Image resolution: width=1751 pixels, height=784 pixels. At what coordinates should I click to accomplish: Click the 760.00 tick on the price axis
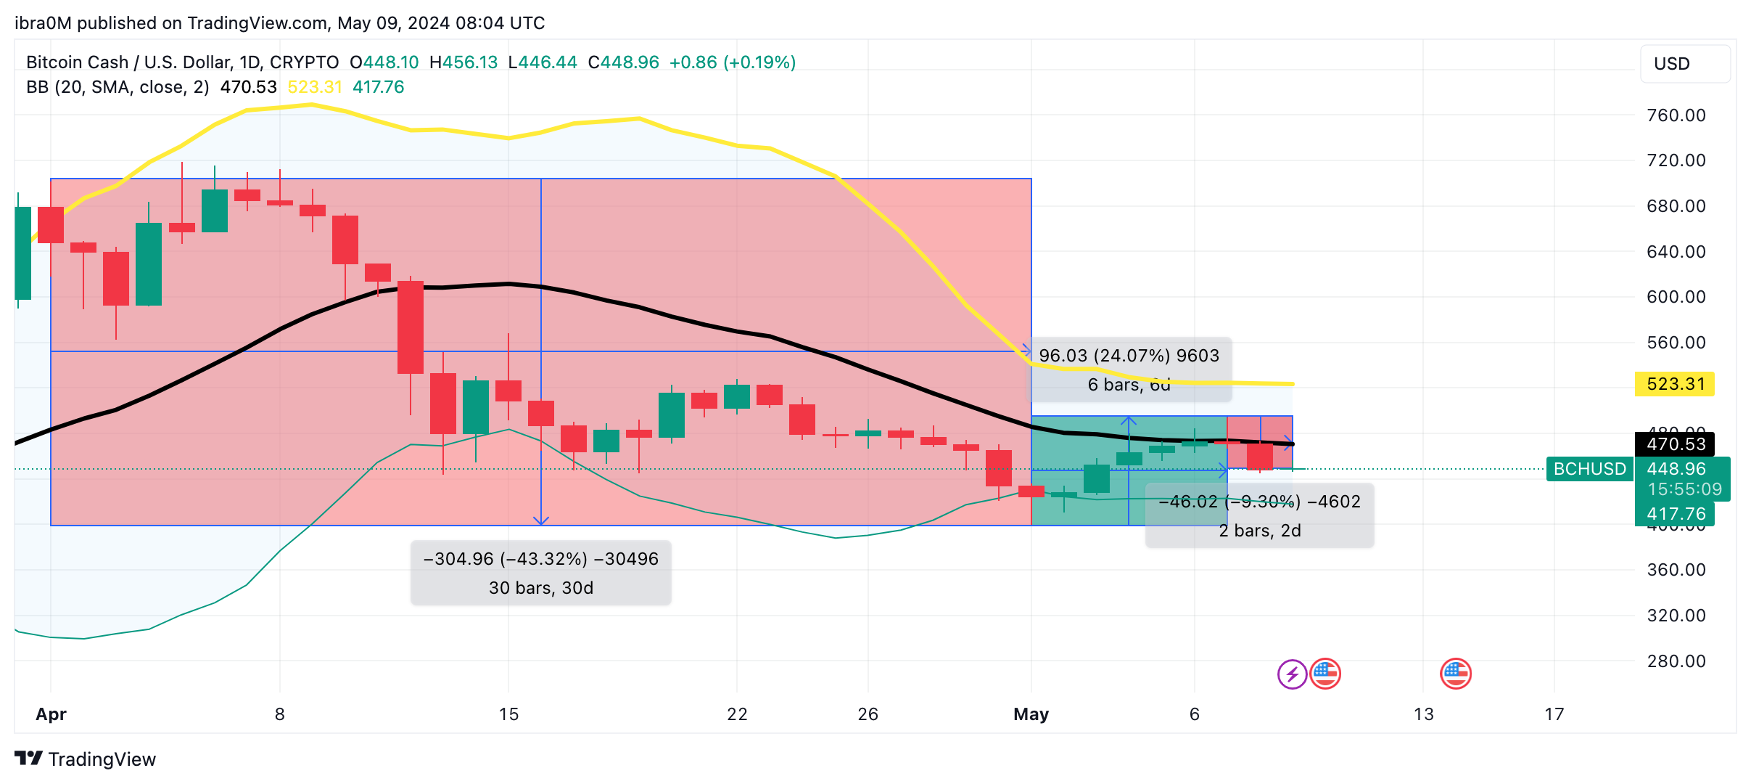click(x=1676, y=115)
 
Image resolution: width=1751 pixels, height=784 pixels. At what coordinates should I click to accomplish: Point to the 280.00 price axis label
click(x=1676, y=661)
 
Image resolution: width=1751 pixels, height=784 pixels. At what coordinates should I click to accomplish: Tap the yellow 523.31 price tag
click(x=1674, y=384)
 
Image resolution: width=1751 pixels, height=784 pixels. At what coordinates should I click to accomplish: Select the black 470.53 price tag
click(x=1674, y=444)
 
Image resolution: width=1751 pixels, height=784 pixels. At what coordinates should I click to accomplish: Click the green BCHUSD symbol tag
click(x=1589, y=469)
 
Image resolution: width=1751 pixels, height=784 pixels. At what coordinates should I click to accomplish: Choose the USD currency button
click(x=1684, y=64)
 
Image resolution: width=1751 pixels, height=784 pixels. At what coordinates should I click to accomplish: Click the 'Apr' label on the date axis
click(x=51, y=714)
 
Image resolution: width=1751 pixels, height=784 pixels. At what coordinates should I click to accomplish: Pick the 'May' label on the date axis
click(x=1031, y=714)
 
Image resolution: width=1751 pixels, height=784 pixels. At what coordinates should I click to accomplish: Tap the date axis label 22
click(x=737, y=714)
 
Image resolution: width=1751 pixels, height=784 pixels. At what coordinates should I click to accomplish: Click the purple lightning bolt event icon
click(x=1292, y=674)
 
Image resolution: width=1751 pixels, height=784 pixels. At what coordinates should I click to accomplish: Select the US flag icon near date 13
click(x=1455, y=674)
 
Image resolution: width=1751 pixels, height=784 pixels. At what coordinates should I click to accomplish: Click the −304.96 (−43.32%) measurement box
click(x=540, y=573)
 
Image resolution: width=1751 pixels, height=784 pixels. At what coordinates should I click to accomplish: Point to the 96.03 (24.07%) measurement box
click(x=1129, y=369)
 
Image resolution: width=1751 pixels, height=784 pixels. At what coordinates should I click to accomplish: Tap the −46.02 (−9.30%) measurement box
click(x=1259, y=515)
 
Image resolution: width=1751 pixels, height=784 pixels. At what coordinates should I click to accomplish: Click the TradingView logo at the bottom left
click(x=85, y=759)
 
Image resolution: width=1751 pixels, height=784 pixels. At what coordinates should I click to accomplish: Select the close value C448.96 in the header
click(x=623, y=62)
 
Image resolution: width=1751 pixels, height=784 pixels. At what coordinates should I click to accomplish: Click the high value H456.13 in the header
click(x=463, y=62)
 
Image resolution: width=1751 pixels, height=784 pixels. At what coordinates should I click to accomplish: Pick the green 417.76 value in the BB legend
click(x=378, y=87)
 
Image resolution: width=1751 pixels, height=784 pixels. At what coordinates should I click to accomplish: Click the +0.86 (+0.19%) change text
click(x=732, y=62)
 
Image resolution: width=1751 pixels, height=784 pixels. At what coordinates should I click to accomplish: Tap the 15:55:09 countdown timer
click(x=1684, y=489)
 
